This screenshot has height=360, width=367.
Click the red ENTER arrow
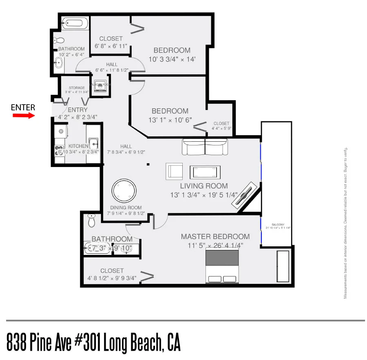coord(23,115)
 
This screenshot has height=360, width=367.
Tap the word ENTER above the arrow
coord(23,108)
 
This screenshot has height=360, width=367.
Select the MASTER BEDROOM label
coord(215,237)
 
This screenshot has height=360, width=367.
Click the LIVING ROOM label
coord(204,186)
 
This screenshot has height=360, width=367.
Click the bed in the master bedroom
coord(222,266)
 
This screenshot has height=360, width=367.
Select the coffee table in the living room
coord(206,171)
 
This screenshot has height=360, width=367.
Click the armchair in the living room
coord(174,171)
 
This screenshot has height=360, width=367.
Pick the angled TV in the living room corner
coord(244,196)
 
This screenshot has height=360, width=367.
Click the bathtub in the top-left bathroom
coord(75,23)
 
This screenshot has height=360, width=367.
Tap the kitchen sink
coord(93,143)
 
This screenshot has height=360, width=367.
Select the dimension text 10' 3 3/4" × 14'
coord(172,59)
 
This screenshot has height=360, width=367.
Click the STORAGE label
coord(77,88)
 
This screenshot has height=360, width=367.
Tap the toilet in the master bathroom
coord(91,220)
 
